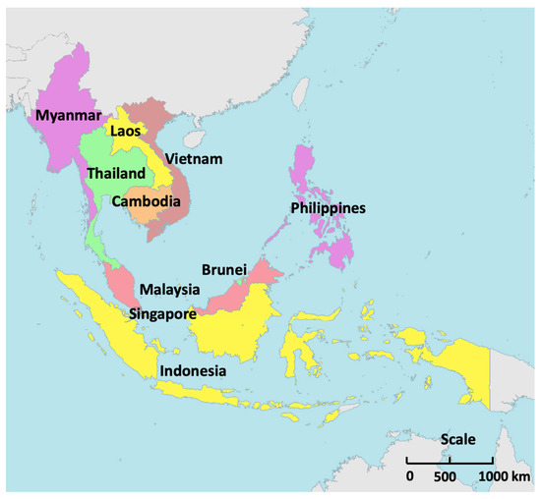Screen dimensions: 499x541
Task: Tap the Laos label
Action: coord(125,130)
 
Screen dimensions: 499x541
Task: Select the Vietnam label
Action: coord(193,159)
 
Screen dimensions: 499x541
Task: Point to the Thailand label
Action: coord(116,174)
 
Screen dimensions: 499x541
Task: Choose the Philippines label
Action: coord(328,208)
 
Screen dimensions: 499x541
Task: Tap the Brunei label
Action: coord(222,269)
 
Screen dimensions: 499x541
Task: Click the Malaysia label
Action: coord(170,291)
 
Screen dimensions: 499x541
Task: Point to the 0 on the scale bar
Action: coord(409,476)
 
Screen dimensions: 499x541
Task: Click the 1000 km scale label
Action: coord(501,476)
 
